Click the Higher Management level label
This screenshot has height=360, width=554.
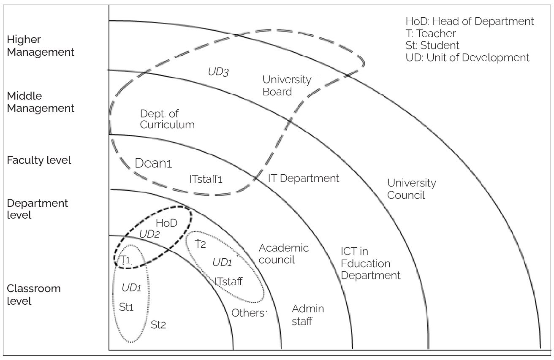pyautogui.click(x=41, y=46)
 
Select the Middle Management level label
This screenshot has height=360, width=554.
pyautogui.click(x=41, y=102)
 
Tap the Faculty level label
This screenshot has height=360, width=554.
pyautogui.click(x=39, y=160)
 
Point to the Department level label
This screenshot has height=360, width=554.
pyautogui.click(x=37, y=209)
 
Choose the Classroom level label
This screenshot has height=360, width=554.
pyautogui.click(x=34, y=295)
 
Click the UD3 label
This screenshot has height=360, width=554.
pyautogui.click(x=218, y=72)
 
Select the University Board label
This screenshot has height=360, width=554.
pyautogui.click(x=287, y=85)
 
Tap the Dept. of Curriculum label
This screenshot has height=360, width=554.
pyautogui.click(x=167, y=119)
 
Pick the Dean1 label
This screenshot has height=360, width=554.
pyautogui.click(x=153, y=163)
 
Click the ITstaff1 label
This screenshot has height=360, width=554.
pyautogui.click(x=206, y=179)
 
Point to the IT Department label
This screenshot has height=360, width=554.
pyautogui.click(x=304, y=179)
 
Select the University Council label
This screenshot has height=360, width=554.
pyautogui.click(x=411, y=189)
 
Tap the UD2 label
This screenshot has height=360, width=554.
pyautogui.click(x=149, y=234)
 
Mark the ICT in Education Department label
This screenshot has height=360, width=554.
pyautogui.click(x=370, y=263)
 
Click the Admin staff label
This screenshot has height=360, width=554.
pyautogui.click(x=308, y=315)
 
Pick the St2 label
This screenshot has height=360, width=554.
pyautogui.click(x=158, y=325)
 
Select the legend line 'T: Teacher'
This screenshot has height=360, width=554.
pyautogui.click(x=431, y=33)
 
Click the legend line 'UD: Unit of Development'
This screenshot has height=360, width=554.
pyautogui.click(x=467, y=57)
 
